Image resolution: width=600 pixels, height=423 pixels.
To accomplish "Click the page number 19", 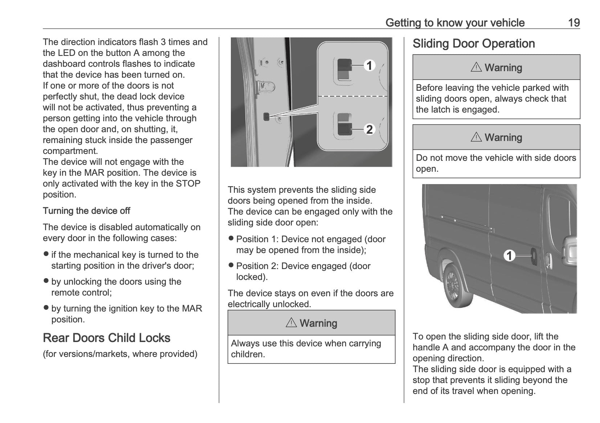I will coord(574,23).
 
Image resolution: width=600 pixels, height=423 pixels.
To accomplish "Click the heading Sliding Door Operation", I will coord(474,44).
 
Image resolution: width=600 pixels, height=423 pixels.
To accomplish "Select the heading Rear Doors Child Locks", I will coord(106,338).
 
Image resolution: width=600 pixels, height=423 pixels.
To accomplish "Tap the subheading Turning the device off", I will coord(86,211).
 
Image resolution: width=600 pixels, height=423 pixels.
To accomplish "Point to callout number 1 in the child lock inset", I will coord(370,66).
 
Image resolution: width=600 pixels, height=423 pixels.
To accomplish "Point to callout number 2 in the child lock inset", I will coord(370,129).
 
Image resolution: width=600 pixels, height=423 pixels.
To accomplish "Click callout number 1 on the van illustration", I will coord(510,256).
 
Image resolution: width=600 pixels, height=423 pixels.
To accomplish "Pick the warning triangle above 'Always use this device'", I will coord(291,323).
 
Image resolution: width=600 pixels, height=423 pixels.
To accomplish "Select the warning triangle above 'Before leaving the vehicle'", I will coord(476,67).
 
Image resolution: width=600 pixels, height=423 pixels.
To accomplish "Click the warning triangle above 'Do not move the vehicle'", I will coord(476,137).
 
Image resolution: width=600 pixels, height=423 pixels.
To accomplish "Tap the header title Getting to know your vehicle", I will coord(455,23).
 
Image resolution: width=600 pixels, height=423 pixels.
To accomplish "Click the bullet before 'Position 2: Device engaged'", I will coord(231,265).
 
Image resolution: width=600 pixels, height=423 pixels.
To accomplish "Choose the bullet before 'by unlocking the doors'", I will coord(46,281).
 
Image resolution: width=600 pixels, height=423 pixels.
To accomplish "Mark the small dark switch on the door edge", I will coord(266,117).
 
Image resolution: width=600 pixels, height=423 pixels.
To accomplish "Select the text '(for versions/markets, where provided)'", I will coord(120,354).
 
